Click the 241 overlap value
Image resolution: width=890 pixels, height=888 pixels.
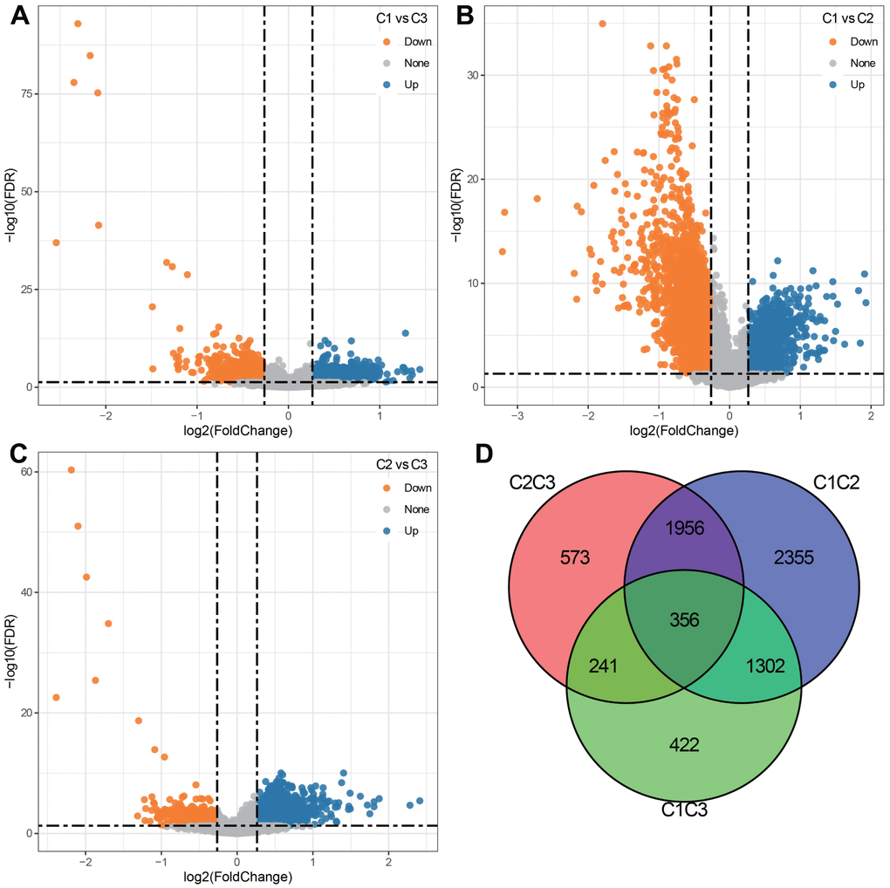point(603,666)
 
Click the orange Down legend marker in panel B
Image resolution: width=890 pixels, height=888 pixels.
point(832,41)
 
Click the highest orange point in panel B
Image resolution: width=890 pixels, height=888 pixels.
point(602,24)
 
